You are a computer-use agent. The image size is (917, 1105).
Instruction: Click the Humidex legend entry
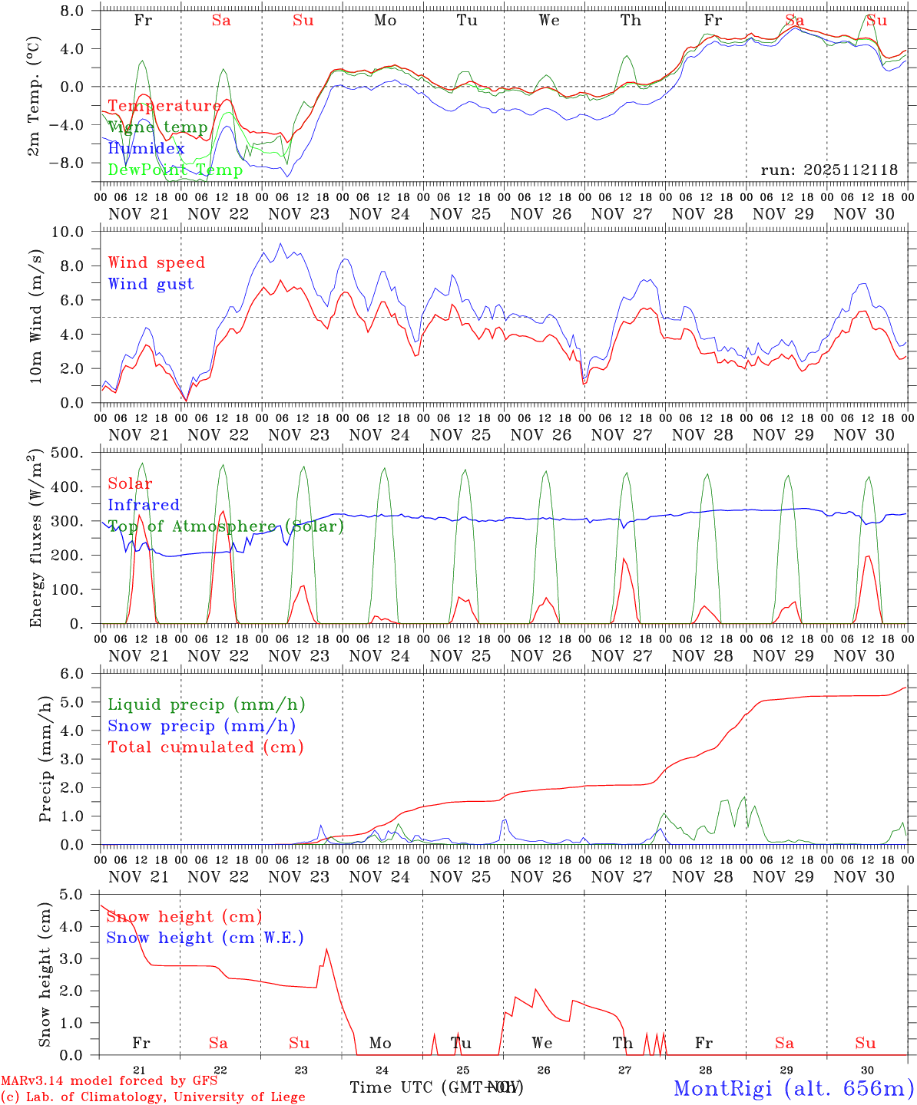146,149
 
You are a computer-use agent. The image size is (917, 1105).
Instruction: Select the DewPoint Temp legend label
175,170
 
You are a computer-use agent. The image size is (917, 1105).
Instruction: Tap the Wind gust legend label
151,284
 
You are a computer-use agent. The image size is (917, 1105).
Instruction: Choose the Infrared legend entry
144,505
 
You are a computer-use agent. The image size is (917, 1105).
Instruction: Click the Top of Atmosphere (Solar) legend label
226,526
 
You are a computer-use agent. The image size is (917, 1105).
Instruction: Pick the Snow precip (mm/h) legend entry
201,726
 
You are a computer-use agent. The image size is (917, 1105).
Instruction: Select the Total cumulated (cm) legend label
205,747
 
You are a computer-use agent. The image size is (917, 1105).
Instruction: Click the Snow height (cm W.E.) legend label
205,938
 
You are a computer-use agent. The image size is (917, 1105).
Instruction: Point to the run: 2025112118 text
829,170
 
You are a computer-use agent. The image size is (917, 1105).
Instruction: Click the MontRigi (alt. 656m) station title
793,1088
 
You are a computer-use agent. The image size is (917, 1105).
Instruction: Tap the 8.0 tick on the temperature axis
75,12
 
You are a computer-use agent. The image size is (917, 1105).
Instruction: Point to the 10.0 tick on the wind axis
72,232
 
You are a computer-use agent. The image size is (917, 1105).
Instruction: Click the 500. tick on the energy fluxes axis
71,453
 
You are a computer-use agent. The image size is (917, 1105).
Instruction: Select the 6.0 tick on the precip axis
75,674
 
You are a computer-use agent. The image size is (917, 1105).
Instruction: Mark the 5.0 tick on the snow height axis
75,895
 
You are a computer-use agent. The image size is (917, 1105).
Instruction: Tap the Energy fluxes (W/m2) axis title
35,539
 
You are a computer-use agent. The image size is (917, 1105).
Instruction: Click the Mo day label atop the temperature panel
385,21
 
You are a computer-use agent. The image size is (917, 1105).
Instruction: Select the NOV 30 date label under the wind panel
864,435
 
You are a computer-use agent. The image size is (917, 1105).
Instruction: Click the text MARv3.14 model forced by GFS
109,1081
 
